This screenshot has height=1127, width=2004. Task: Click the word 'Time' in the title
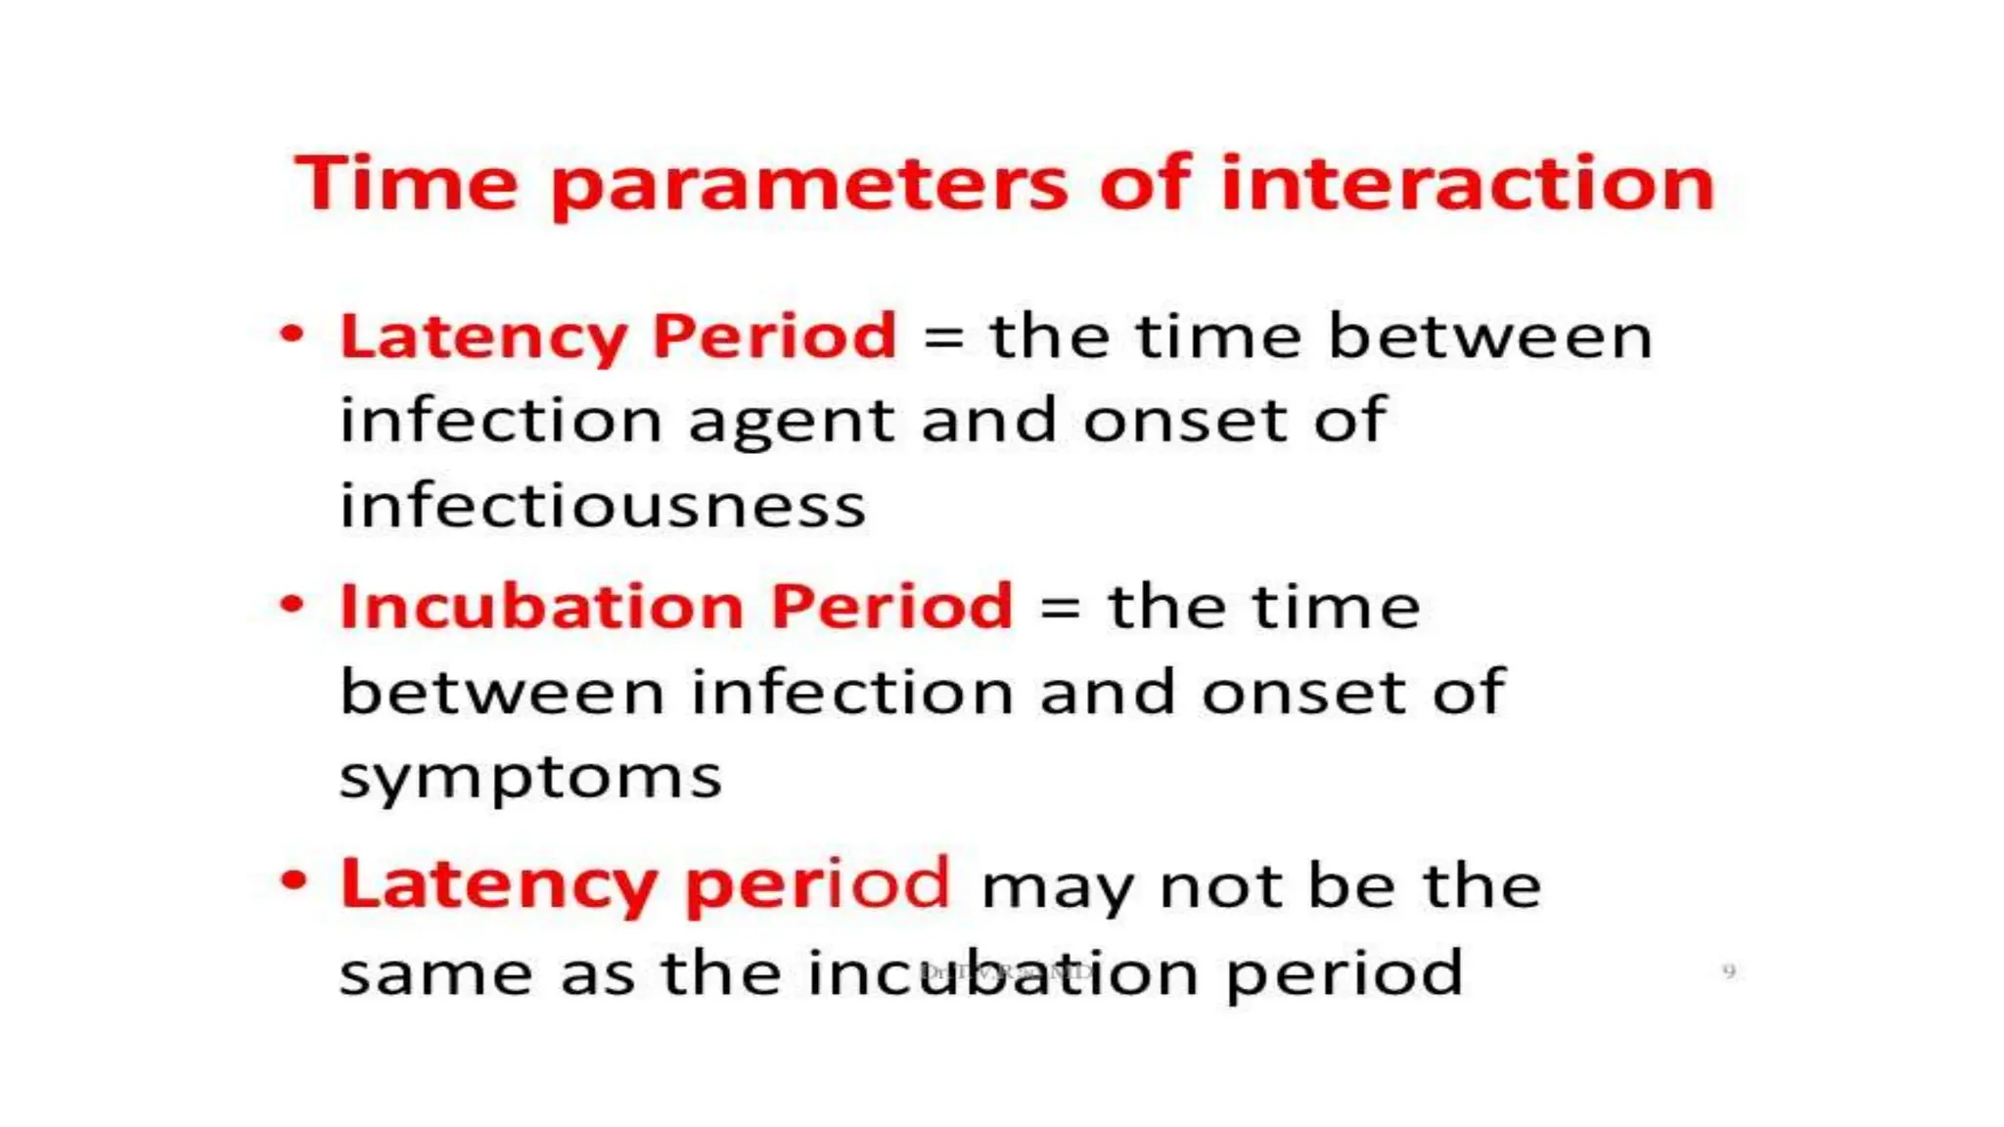[405, 183]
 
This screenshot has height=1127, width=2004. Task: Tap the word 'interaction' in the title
[1467, 183]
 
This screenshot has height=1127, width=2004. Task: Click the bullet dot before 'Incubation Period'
[292, 604]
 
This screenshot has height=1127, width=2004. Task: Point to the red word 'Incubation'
[542, 606]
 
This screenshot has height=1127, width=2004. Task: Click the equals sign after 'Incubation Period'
[1060, 609]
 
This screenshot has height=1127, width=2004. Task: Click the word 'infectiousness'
[602, 506]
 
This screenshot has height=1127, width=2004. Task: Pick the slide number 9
[1728, 971]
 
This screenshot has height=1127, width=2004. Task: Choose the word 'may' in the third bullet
[1057, 888]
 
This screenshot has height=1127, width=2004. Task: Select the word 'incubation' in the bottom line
[1002, 973]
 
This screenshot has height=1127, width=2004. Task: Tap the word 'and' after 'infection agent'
[987, 421]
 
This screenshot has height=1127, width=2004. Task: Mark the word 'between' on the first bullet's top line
[1489, 337]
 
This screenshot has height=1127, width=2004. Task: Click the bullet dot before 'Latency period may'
[292, 879]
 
